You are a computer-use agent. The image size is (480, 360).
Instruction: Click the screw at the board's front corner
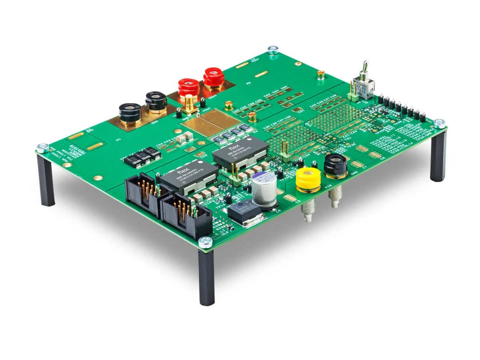[x=206, y=241]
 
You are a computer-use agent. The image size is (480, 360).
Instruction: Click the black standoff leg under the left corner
[x=46, y=180]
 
